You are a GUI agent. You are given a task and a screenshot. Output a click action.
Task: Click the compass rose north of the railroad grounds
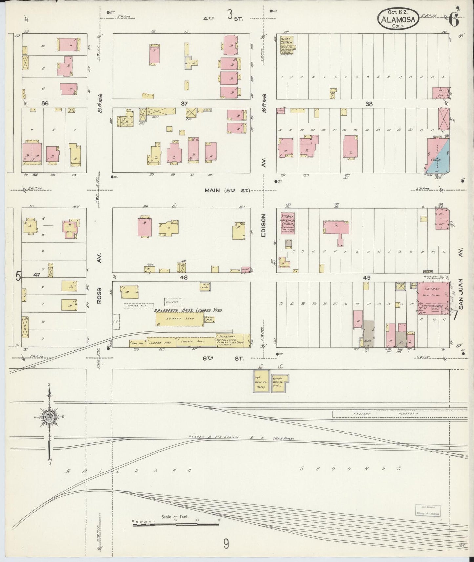coord(49,417)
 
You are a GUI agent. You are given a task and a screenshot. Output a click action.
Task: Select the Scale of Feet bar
coord(176,525)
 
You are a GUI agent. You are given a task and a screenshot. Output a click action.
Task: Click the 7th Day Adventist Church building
coord(288,224)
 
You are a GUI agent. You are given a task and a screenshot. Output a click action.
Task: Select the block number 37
coord(184,104)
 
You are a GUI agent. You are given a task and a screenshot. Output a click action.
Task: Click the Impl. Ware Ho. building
coord(261,381)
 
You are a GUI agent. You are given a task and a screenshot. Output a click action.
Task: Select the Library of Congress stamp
coord(428,510)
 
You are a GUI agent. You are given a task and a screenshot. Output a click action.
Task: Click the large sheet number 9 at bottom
coord(226,545)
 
